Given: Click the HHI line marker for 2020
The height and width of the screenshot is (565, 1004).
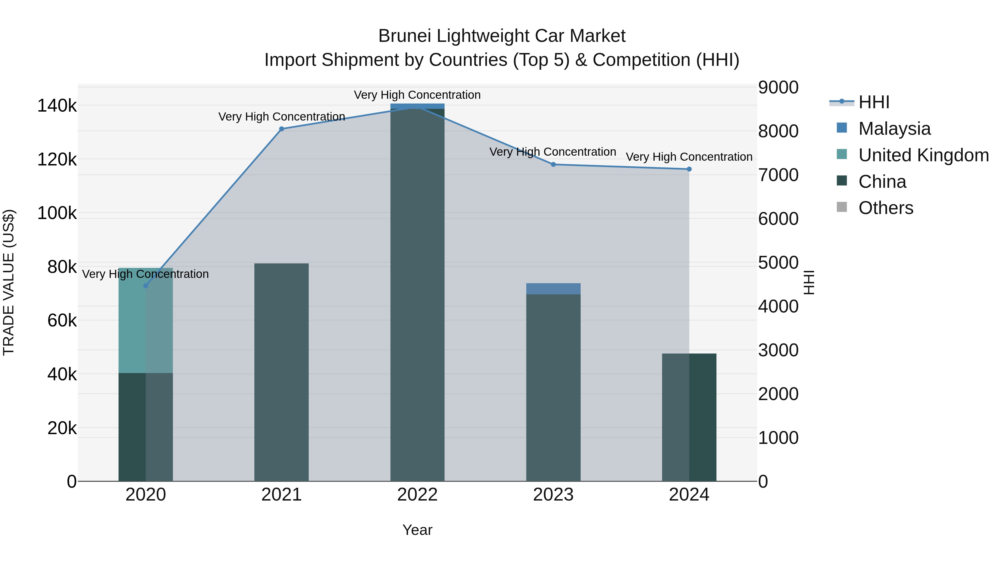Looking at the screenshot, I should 146,286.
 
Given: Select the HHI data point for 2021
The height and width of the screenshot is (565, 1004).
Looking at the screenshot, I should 281,129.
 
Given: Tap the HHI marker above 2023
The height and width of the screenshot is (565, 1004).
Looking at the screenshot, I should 553,165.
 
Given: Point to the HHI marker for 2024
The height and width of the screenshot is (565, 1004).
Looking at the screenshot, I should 689,169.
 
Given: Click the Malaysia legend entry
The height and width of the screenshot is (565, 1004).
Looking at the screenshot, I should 894,129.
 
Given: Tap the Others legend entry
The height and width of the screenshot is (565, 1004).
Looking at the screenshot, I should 885,208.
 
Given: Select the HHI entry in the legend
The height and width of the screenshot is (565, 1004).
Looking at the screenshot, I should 874,102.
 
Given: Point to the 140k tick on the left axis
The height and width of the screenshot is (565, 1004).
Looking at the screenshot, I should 57,106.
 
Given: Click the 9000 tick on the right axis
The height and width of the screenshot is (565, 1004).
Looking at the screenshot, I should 778,87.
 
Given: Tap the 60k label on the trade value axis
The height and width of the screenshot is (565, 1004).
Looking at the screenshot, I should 62,321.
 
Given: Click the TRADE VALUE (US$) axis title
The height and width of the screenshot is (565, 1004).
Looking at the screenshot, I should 9,282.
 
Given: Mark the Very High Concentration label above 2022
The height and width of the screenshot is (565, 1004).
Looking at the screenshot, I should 417,95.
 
